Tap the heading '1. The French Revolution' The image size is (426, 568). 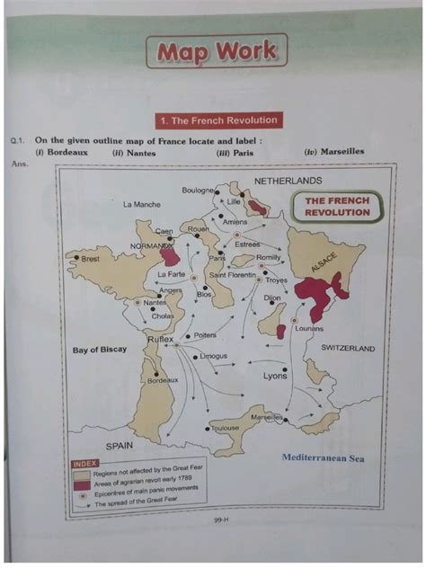point(217,120)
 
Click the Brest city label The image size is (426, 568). point(90,259)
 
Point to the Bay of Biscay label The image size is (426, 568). point(100,350)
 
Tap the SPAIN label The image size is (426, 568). point(120,445)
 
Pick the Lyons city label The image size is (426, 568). point(275,377)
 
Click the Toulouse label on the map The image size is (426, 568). point(225,429)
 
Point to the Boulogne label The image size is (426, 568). point(197,191)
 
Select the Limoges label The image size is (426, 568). point(213,357)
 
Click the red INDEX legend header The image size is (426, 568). point(84,465)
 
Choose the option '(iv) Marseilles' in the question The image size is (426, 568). point(334,152)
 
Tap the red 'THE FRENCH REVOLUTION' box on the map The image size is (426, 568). point(337,207)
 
